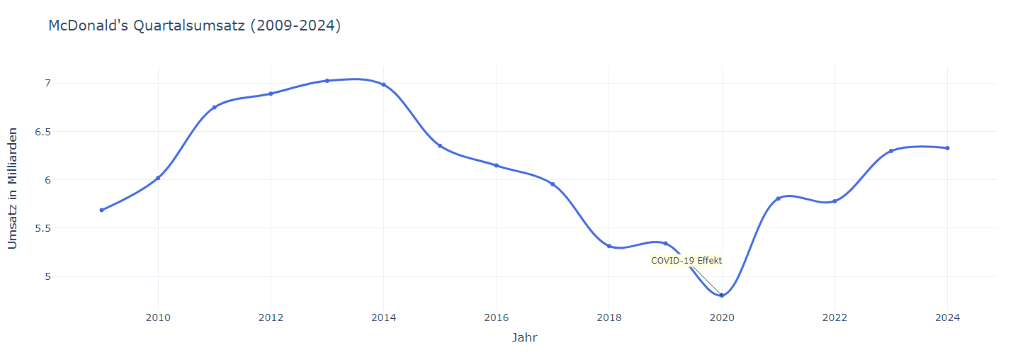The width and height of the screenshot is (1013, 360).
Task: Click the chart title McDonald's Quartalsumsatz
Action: click(194, 26)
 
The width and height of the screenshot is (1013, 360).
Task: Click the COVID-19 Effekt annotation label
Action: click(686, 261)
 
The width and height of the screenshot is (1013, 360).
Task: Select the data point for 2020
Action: click(722, 296)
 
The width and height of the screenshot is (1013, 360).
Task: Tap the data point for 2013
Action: click(327, 81)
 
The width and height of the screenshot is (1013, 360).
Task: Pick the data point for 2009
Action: click(102, 210)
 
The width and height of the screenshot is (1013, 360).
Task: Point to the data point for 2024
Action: click(947, 148)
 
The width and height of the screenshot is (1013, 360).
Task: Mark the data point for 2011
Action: click(214, 107)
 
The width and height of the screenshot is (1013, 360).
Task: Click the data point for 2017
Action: click(553, 184)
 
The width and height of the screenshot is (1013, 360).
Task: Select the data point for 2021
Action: click(778, 198)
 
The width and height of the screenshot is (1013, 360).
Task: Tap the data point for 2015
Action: click(440, 146)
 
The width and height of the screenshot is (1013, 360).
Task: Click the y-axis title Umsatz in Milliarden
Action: click(13, 189)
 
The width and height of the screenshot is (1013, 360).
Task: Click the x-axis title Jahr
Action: click(524, 338)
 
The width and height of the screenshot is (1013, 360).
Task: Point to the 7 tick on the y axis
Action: click(28, 84)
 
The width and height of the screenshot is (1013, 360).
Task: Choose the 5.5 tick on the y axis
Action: click(24, 228)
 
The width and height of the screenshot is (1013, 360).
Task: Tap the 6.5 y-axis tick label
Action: click(24, 132)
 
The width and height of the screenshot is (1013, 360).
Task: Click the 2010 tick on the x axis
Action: click(158, 318)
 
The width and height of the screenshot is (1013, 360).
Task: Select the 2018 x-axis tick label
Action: click(609, 318)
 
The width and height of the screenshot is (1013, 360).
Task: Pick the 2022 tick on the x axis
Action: click(834, 318)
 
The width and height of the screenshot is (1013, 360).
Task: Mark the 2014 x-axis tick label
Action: click(383, 318)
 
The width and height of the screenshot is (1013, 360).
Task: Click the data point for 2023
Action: click(891, 151)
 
